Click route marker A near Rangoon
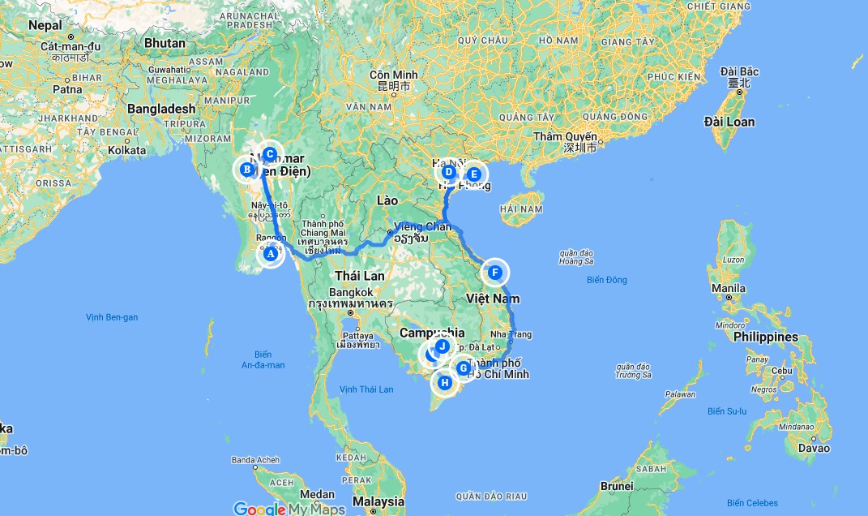tap(271, 254)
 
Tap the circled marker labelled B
tap(246, 170)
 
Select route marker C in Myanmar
tap(270, 154)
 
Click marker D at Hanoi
tap(448, 171)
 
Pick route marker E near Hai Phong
tap(474, 173)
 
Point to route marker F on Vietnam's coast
tap(494, 273)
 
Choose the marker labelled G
tap(464, 368)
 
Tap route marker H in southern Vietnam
tap(444, 382)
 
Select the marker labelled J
tap(443, 346)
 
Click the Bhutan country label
tap(165, 43)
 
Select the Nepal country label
tap(45, 25)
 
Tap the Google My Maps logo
tap(289, 509)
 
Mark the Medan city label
tap(316, 494)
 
